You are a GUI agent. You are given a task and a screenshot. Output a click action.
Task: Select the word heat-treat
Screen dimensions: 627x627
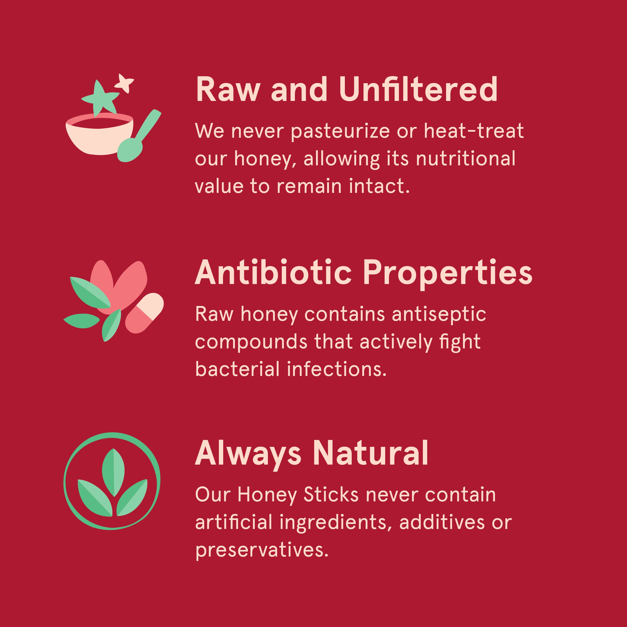[x=474, y=131]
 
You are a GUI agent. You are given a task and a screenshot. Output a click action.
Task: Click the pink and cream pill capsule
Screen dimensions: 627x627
[x=144, y=313]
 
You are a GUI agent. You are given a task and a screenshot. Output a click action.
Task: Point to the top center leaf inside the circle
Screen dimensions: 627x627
[x=113, y=472]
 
